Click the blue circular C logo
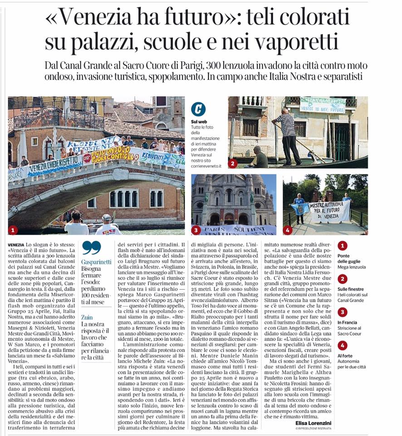pyautogui.click(x=198, y=109)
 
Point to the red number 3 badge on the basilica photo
pyautogui.click(x=196, y=230)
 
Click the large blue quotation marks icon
pyautogui.click(x=91, y=248)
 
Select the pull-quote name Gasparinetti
pyautogui.click(x=97, y=263)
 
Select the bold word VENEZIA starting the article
pyautogui.click(x=16, y=245)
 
